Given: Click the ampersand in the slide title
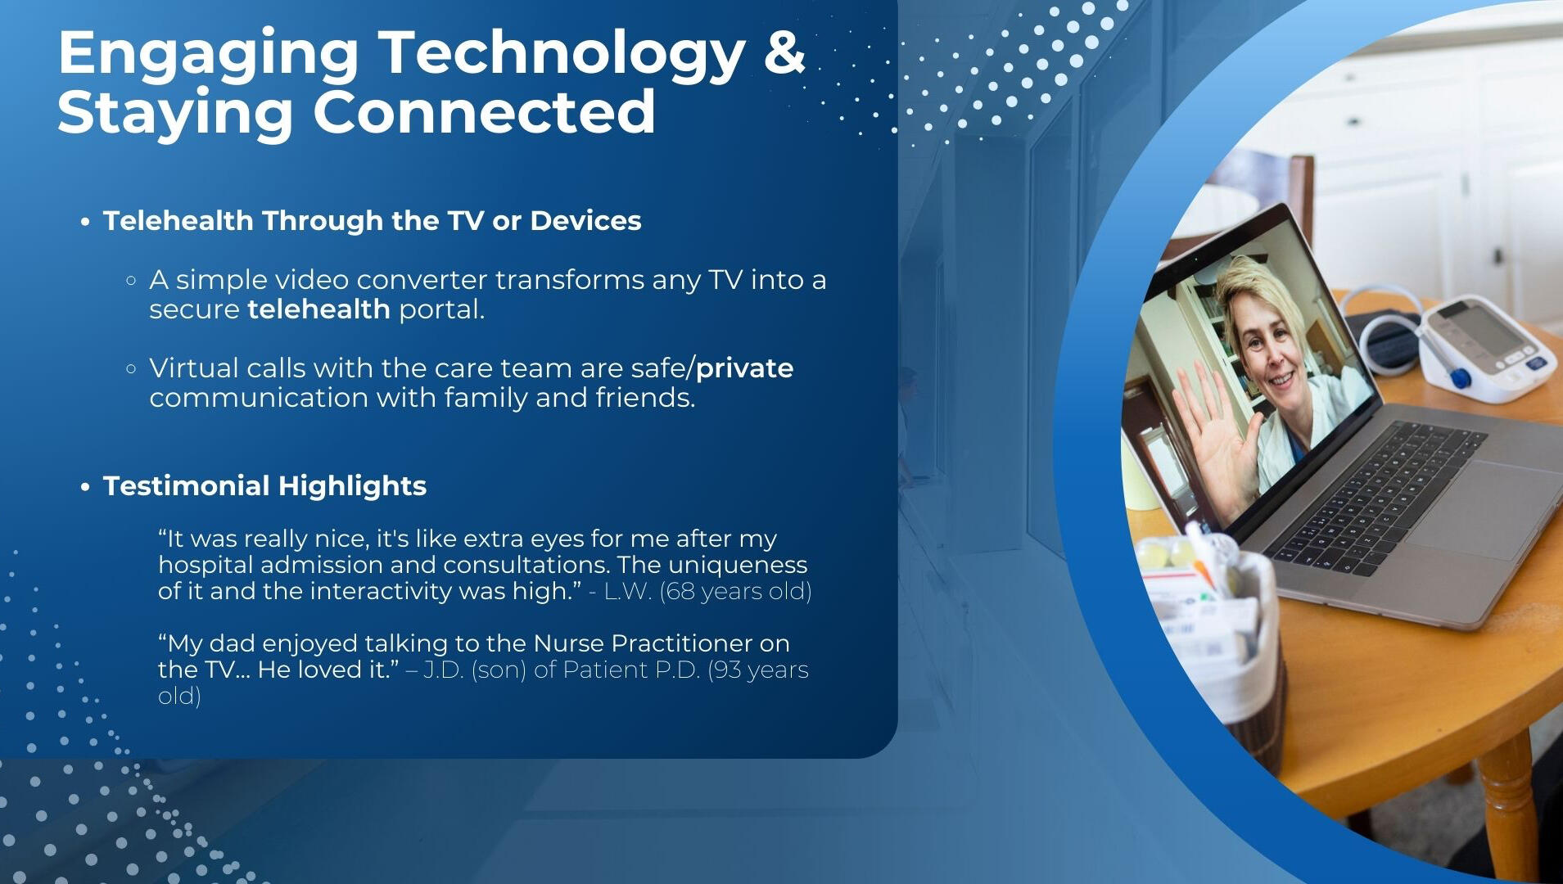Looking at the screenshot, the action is click(784, 52).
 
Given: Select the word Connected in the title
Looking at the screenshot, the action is click(484, 112).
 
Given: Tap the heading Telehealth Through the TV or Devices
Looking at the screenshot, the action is click(373, 221).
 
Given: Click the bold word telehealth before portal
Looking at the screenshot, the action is click(318, 309).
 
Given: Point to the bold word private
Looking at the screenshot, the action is click(744, 369).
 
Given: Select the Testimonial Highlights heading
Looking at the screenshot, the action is click(264, 486).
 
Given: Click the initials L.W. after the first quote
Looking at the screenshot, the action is click(628, 591).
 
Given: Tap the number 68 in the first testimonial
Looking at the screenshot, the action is click(680, 591).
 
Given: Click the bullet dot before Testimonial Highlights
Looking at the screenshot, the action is click(85, 488).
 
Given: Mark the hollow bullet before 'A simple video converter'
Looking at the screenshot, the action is click(131, 281).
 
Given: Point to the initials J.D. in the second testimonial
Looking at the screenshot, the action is click(443, 670).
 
